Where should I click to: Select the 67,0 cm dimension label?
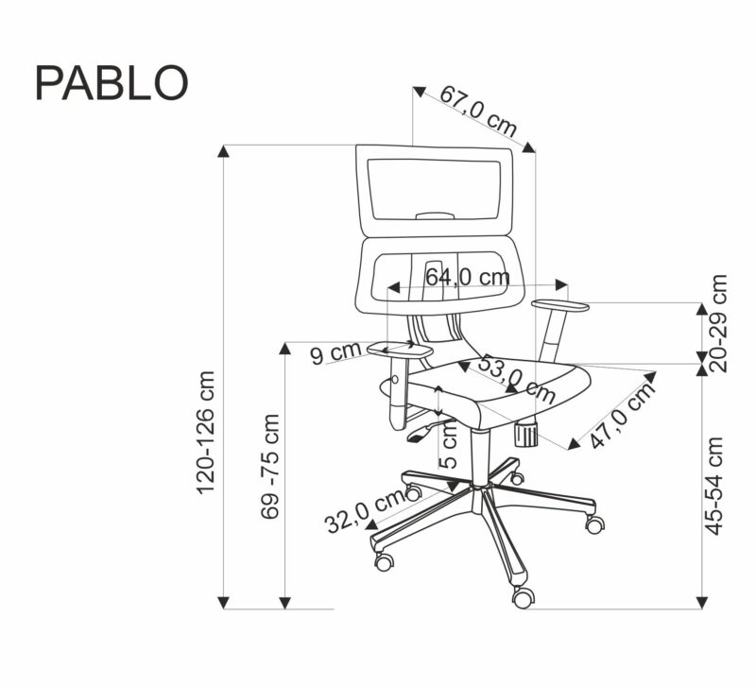pyautogui.click(x=479, y=111)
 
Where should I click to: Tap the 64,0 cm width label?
pyautogui.click(x=467, y=277)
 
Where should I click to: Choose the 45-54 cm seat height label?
pyautogui.click(x=716, y=485)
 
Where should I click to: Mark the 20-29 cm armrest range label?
pyautogui.click(x=719, y=323)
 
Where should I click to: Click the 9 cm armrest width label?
pyautogui.click(x=336, y=354)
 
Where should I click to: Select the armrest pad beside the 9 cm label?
pyautogui.click(x=397, y=350)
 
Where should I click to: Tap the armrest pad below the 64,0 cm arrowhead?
pyautogui.click(x=560, y=304)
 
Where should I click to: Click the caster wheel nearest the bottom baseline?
pyautogui.click(x=523, y=596)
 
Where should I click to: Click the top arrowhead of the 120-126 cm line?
pyautogui.click(x=224, y=150)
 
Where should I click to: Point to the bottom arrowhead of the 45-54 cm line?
pyautogui.click(x=702, y=601)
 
